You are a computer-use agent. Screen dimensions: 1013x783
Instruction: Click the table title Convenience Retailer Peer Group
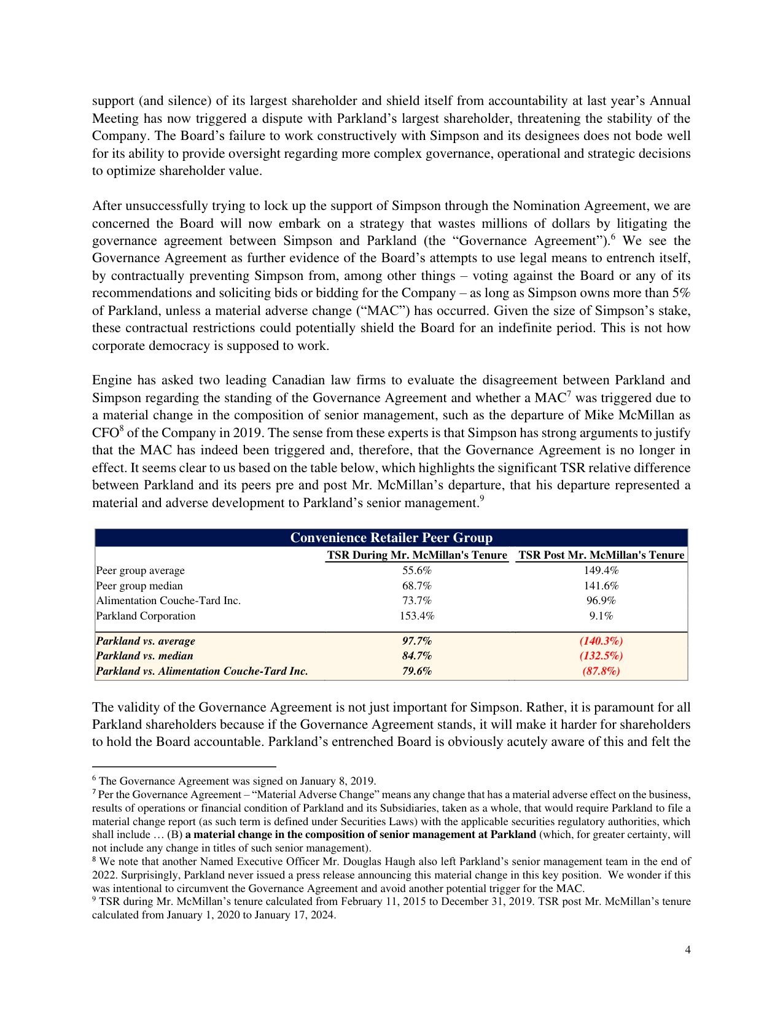(x=391, y=538)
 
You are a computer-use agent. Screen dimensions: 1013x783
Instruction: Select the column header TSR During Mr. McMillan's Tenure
(x=417, y=555)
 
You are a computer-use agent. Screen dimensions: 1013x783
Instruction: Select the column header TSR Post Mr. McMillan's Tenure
(x=601, y=555)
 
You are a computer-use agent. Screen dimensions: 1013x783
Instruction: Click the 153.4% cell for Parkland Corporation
(x=417, y=616)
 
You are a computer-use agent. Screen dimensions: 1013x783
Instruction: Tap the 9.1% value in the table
(x=601, y=616)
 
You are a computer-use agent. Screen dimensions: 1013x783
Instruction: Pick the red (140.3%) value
(x=601, y=641)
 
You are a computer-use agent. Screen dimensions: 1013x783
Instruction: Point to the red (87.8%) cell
(x=601, y=671)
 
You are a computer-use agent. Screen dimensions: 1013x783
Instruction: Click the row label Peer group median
(x=139, y=586)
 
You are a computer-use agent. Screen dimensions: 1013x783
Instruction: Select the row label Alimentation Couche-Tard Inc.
(x=168, y=600)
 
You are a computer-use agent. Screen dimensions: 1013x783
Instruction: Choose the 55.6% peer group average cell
(x=417, y=570)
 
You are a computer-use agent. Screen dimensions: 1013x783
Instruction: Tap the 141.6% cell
(x=601, y=586)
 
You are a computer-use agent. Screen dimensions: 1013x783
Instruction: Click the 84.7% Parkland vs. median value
(x=417, y=656)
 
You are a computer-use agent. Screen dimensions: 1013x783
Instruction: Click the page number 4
(x=688, y=950)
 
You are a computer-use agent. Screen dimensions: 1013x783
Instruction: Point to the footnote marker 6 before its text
(x=94, y=779)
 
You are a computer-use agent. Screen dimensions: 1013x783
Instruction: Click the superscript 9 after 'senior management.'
(x=482, y=499)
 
